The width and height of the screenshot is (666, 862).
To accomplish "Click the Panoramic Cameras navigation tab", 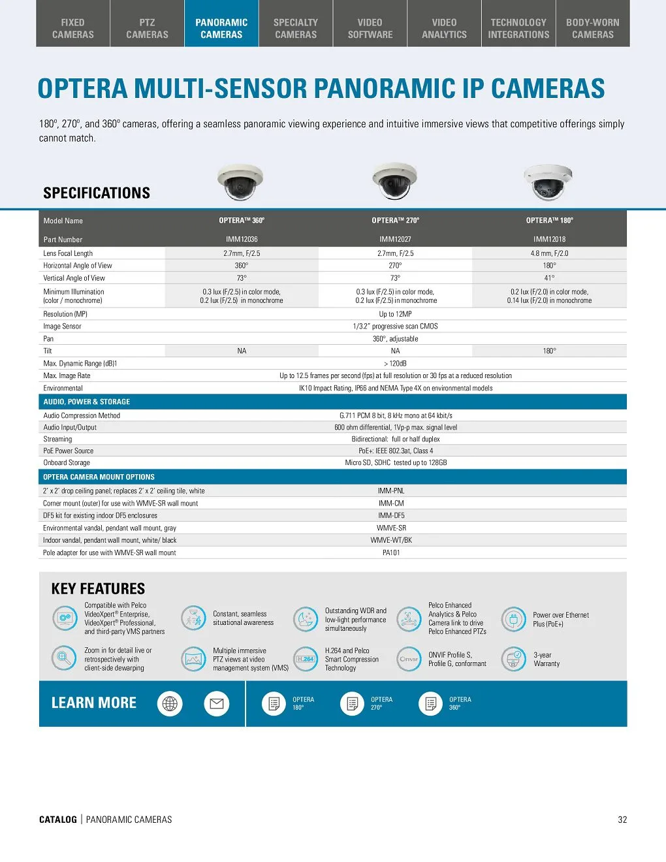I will point(221,28).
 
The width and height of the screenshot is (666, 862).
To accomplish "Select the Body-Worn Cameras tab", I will point(592,28).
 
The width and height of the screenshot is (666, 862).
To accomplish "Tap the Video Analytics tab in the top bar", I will point(444,28).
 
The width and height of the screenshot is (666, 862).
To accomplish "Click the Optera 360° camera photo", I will point(241,182).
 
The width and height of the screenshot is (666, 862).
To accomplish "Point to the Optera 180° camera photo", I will point(548,182).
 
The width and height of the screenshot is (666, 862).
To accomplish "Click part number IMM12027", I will point(395,239).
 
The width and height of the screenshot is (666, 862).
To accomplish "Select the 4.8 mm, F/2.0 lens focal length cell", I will point(549,253).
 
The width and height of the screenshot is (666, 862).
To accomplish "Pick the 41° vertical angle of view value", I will point(549,278).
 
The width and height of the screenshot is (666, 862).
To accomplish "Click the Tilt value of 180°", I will point(549,351).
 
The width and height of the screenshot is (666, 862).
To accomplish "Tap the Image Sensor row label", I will point(63,327).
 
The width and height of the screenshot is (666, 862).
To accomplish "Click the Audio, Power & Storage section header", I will point(87,402).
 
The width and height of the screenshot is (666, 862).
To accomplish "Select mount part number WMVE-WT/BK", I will point(391,541).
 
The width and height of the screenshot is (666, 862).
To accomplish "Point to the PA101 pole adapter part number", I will point(391,553).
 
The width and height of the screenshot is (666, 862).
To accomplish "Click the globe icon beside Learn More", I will point(170,703).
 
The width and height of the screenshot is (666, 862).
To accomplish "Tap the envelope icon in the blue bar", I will point(217,703).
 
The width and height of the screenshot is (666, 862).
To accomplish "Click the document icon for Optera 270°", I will point(353,703).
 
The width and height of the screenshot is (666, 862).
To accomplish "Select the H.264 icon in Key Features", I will point(305,659).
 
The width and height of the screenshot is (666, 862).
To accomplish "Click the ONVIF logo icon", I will point(409,659).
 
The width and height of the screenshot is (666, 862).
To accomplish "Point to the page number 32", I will point(622,820).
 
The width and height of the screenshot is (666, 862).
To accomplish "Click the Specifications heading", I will point(97,193).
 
